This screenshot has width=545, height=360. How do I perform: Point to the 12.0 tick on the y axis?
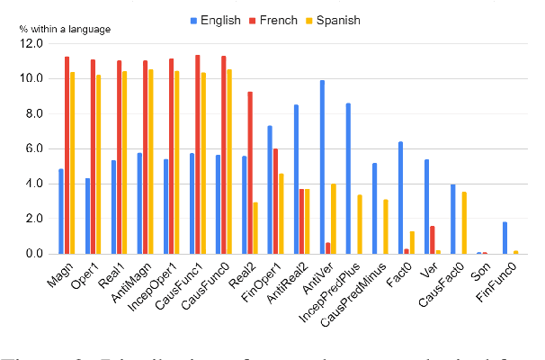click(x=31, y=43)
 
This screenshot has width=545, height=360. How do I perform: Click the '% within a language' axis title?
click(x=65, y=30)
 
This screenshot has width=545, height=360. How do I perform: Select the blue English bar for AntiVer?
click(x=322, y=166)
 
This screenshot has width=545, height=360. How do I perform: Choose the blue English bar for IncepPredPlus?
click(x=348, y=178)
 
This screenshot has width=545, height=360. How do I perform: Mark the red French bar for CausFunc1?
click(x=198, y=154)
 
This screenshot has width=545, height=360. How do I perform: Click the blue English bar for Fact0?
click(x=400, y=197)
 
